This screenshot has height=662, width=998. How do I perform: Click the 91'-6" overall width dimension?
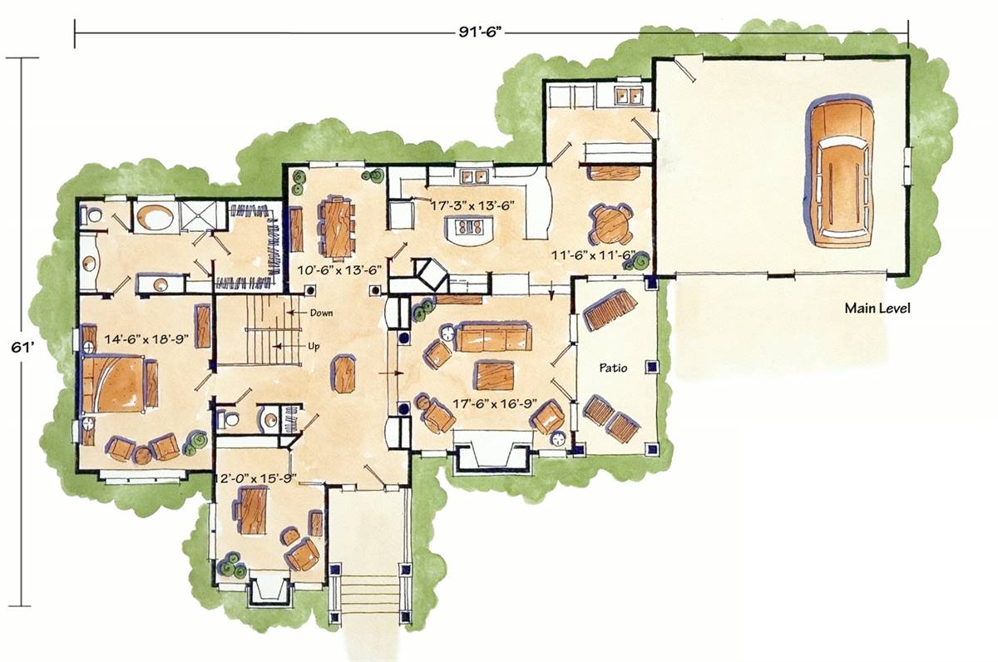[x=477, y=32]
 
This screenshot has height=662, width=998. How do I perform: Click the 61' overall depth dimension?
[x=22, y=347]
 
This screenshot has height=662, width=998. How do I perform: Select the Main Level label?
[x=877, y=308]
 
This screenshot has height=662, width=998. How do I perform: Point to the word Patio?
[x=613, y=368]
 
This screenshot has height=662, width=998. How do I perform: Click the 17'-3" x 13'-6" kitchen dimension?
[x=472, y=205]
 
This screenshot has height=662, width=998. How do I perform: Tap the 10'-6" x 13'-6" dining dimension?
[x=340, y=270]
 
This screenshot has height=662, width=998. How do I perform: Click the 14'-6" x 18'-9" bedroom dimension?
[x=146, y=339]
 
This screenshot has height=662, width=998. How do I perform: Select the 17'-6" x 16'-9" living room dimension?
[x=495, y=403]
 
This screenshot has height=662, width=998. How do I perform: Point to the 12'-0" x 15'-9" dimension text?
[x=256, y=479]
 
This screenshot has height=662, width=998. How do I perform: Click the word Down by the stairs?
[x=321, y=313]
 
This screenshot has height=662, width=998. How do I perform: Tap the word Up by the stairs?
[x=314, y=346]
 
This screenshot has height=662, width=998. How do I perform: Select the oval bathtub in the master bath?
[x=154, y=217]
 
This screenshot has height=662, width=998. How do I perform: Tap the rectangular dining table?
[x=338, y=228]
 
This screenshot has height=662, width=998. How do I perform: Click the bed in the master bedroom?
[x=115, y=384]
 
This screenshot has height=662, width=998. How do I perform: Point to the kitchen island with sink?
[x=469, y=229]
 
